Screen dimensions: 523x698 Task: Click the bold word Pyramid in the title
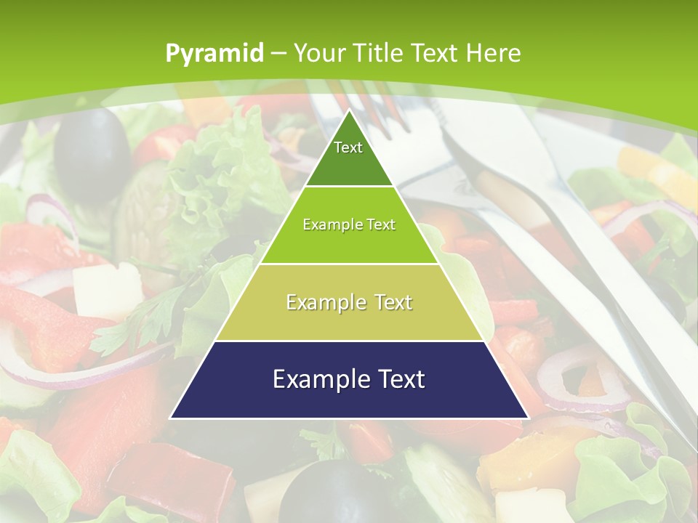(x=214, y=53)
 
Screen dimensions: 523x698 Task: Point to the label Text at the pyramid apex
(x=348, y=147)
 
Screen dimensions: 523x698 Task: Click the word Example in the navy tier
(x=313, y=379)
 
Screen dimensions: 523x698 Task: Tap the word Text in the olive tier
(x=388, y=302)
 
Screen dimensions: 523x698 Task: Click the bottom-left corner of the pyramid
(x=170, y=418)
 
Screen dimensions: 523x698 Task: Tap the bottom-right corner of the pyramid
(x=529, y=418)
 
